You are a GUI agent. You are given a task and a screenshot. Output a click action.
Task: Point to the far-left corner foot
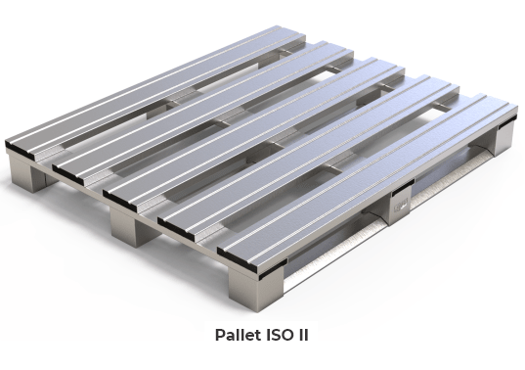[25, 177]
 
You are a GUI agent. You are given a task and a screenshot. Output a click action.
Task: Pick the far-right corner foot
[503, 141]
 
